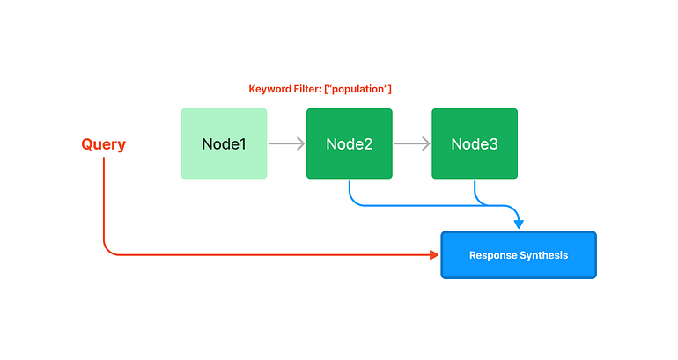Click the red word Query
click(103, 144)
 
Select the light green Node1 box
click(224, 143)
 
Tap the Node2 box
click(350, 143)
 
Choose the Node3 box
click(475, 143)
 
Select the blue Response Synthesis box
click(519, 255)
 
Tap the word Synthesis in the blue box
click(544, 255)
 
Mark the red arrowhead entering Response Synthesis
click(434, 255)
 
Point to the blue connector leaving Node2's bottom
click(350, 192)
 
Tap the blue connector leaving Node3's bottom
click(475, 191)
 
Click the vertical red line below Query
click(104, 202)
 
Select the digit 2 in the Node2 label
click(368, 143)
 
